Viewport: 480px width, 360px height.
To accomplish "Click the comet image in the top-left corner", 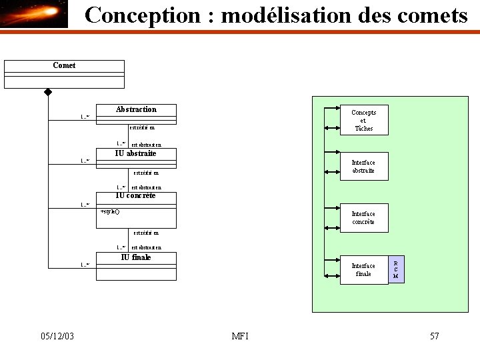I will pyautogui.click(x=34, y=14).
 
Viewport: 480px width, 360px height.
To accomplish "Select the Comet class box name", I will pyautogui.click(x=64, y=65).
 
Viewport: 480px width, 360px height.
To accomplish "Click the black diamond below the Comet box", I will pyautogui.click(x=48, y=91).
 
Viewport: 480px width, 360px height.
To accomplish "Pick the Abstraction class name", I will pyautogui.click(x=136, y=109).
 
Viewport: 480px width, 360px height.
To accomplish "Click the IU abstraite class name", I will pyautogui.click(x=136, y=153).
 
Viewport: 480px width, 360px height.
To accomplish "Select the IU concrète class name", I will pyautogui.click(x=135, y=195).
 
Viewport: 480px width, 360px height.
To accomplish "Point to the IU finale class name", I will pyautogui.click(x=136, y=257).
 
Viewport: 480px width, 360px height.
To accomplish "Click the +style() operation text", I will pyautogui.click(x=110, y=211).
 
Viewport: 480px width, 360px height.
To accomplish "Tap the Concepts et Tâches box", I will pyautogui.click(x=364, y=120).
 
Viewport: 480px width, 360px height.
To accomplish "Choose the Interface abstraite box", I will pyautogui.click(x=363, y=167).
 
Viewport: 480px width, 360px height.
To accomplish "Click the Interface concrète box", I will pyautogui.click(x=363, y=217).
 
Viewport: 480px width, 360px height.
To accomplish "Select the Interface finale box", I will pyautogui.click(x=363, y=269).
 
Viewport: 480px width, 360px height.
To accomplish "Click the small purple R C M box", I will pyautogui.click(x=396, y=269).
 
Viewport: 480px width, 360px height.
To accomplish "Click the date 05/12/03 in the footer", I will pyautogui.click(x=57, y=336).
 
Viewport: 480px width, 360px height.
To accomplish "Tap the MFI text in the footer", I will pyautogui.click(x=240, y=336).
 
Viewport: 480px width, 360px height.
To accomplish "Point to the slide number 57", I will pyautogui.click(x=434, y=336).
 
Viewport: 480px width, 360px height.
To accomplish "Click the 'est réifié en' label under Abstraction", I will pyautogui.click(x=142, y=127).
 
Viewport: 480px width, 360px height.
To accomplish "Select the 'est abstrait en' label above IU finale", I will pyautogui.click(x=146, y=247).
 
